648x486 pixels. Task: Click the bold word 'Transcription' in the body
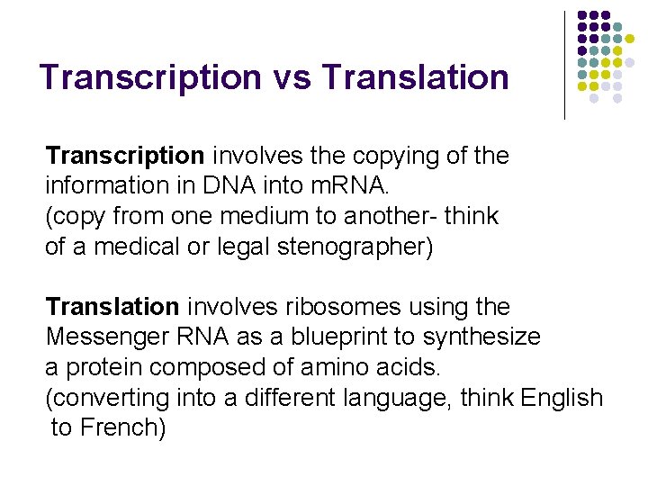coord(124,156)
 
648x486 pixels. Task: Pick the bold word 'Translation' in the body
coord(112,307)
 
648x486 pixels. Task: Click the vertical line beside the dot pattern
coord(564,65)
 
